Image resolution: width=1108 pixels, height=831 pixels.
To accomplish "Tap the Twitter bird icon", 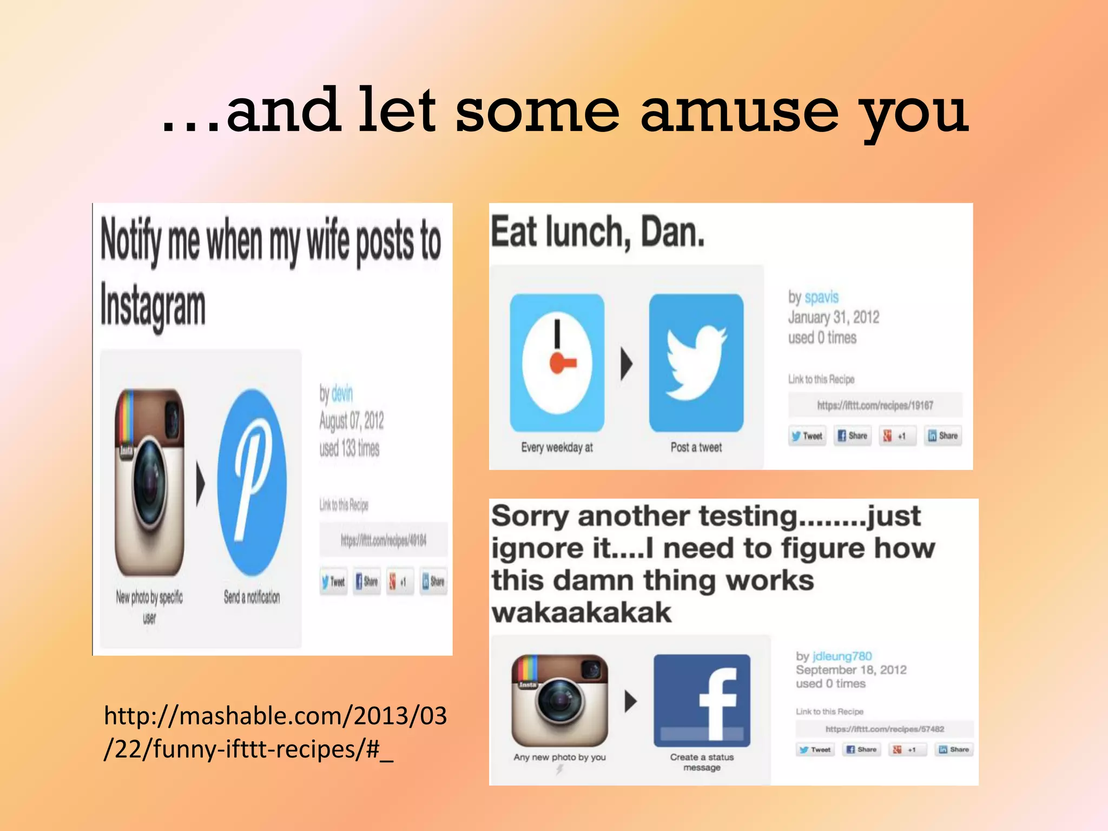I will click(x=696, y=362).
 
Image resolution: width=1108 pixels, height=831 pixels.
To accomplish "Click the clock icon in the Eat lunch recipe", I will click(x=557, y=362).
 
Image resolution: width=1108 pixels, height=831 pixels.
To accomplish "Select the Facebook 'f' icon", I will click(x=702, y=701).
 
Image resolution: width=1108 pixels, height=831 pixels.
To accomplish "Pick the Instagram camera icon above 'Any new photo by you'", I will click(x=559, y=701).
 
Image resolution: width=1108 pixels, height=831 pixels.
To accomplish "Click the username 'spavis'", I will click(x=821, y=297).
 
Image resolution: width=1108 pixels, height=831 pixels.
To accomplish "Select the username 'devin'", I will click(x=342, y=394).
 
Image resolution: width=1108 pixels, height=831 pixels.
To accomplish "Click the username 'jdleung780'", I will click(x=842, y=656).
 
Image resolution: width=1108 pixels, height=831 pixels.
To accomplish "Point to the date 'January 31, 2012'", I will click(x=833, y=318).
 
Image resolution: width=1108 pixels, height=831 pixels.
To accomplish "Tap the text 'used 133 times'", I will click(x=349, y=449).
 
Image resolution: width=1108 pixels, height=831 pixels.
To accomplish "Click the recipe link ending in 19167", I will click(x=875, y=405).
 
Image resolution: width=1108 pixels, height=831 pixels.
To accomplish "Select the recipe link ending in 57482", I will click(x=885, y=729).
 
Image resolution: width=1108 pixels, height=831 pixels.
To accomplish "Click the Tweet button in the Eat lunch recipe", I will click(x=807, y=436).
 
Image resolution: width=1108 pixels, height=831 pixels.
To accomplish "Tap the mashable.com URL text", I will click(x=275, y=732).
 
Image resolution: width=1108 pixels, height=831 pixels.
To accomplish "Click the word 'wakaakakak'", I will click(x=581, y=613).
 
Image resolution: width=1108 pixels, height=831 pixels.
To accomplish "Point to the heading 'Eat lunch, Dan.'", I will click(x=598, y=232).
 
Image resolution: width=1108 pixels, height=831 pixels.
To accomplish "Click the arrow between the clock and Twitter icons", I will click(x=626, y=364).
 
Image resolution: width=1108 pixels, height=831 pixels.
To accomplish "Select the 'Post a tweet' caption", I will click(x=696, y=447).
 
